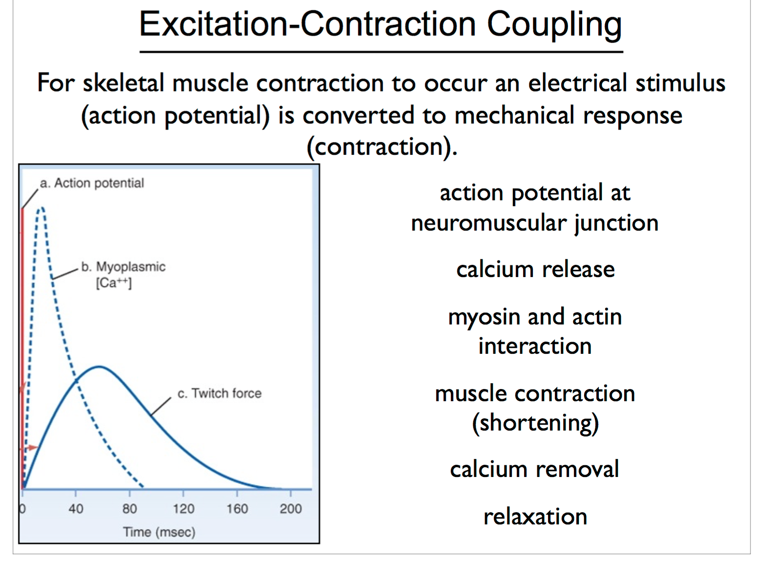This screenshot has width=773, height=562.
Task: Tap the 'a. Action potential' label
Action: point(92,183)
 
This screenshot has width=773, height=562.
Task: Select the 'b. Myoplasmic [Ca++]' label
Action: point(123,274)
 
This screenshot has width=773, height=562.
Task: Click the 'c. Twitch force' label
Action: point(219,393)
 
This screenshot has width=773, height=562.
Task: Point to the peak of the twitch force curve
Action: point(99,367)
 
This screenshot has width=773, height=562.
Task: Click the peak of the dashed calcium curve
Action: point(41,209)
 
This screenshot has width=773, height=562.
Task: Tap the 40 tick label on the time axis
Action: point(76,509)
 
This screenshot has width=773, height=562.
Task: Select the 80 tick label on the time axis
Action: point(129,509)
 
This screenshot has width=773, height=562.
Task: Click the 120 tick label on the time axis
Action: point(183,509)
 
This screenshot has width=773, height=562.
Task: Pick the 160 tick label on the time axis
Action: point(237,509)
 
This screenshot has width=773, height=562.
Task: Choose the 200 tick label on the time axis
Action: point(291,509)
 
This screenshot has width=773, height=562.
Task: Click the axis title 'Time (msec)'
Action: point(159,532)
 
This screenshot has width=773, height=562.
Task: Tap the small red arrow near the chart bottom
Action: point(31,447)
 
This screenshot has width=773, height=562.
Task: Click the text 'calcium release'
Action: point(535,270)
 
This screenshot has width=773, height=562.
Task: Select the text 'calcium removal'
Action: point(534,469)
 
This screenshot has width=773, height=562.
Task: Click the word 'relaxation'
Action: point(535,517)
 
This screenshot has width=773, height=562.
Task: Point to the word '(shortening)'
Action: point(535,423)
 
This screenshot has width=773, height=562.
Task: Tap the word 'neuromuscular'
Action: point(489,223)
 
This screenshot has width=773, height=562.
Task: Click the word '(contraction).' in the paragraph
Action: point(382,147)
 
